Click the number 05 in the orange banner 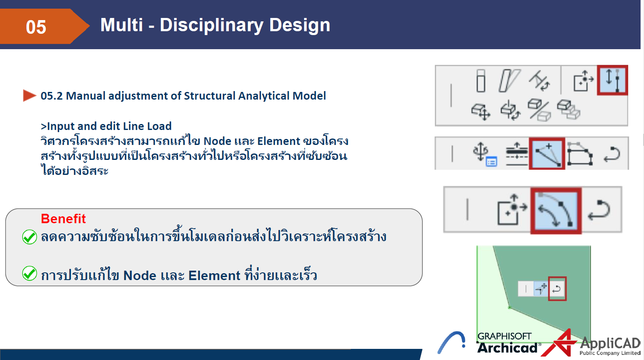click(36, 27)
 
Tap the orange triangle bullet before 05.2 click(29, 95)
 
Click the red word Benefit click(63, 218)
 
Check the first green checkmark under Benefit click(30, 236)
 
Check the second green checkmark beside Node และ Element click(30, 273)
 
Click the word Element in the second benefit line click(214, 275)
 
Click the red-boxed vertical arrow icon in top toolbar click(612, 80)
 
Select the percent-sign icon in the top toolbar click(539, 110)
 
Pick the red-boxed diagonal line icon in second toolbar click(547, 153)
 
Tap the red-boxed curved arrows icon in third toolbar click(556, 210)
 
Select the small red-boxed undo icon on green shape click(557, 289)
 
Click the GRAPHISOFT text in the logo click(504, 336)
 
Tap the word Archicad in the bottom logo click(507, 348)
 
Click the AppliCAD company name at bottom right click(610, 343)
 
